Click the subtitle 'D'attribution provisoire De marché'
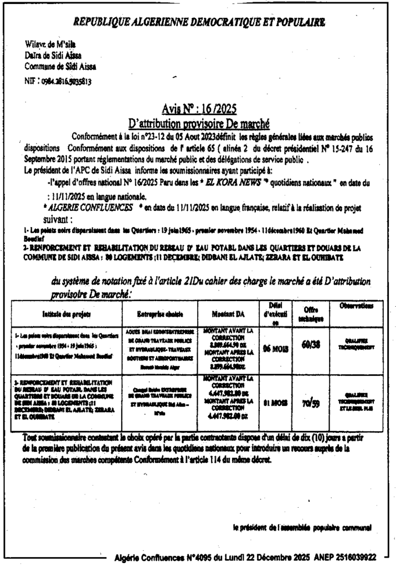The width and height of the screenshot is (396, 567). pos(198,123)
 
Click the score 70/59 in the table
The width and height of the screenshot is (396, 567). pos(306,404)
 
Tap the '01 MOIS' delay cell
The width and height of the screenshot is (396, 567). pos(274,404)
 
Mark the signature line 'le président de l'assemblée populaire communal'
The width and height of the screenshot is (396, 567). pos(302,527)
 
